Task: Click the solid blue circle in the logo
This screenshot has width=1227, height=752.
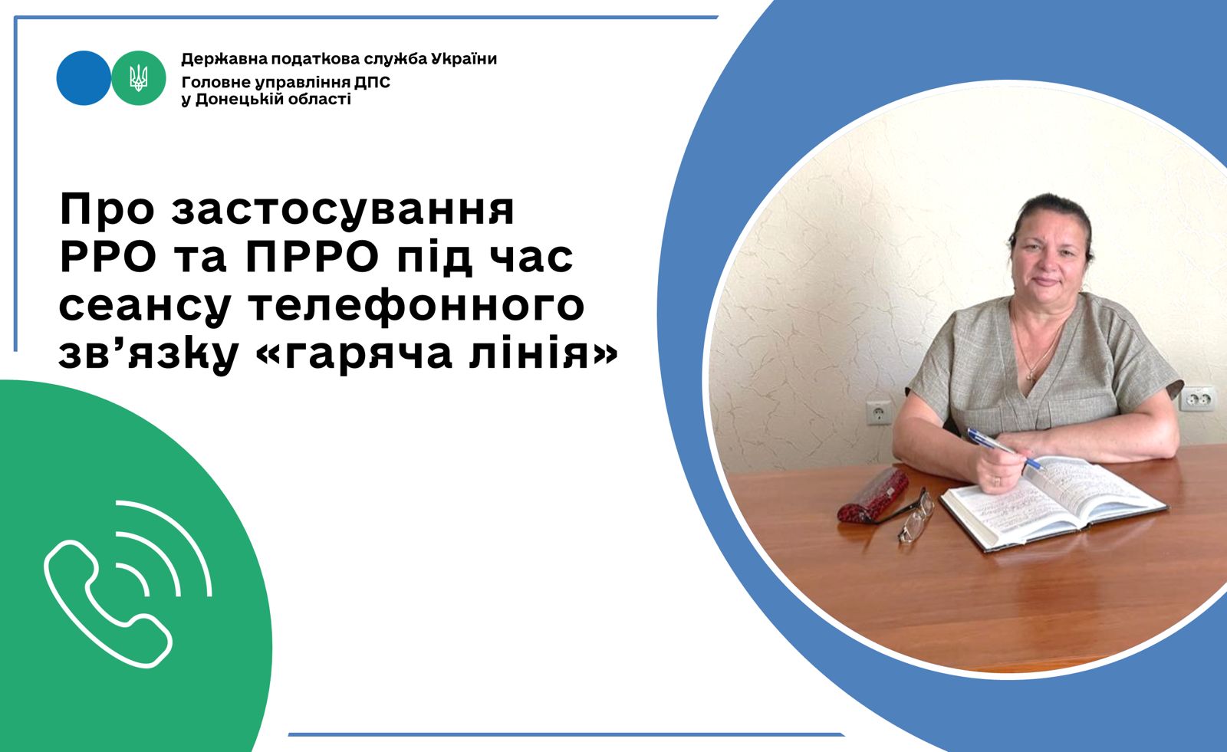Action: point(84,78)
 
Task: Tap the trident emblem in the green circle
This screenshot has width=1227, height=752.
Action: point(139,77)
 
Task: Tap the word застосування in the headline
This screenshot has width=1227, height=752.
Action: point(343,210)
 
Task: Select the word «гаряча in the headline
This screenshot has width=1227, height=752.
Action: point(354,354)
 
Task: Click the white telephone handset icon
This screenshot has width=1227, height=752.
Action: point(108,603)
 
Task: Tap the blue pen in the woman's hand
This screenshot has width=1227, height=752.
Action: point(1004,448)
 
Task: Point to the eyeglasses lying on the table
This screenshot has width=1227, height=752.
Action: point(916,516)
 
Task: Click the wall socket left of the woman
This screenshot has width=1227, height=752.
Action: point(878,412)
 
